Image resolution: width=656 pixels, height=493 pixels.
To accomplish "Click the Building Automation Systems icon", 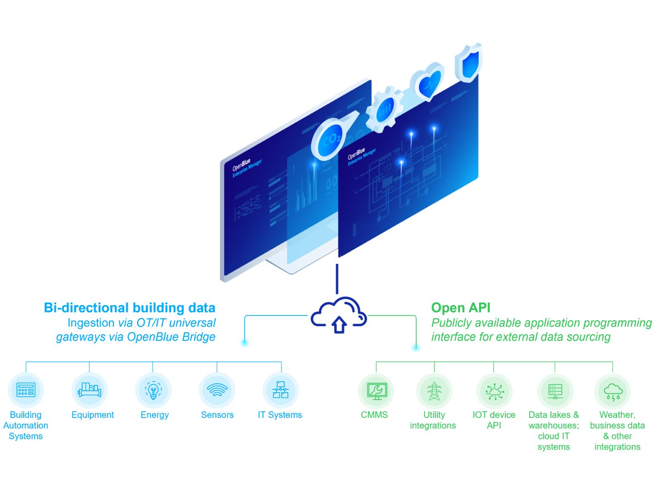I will (26, 390).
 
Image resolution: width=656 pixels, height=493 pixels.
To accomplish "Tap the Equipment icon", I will (89, 390).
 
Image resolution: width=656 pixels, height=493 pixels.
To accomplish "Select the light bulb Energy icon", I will (153, 390).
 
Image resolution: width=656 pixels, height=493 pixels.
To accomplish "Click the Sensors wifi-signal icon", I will (217, 390).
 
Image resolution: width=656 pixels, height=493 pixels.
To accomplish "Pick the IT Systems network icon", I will (280, 390).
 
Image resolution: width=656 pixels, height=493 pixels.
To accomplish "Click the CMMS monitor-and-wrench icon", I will (376, 391).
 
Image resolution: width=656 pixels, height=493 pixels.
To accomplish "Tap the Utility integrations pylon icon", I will (434, 391).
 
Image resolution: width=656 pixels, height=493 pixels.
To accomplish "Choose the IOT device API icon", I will (494, 391).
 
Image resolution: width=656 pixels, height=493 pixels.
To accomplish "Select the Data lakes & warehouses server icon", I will (555, 391).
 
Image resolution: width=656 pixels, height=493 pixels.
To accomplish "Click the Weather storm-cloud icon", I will (613, 391).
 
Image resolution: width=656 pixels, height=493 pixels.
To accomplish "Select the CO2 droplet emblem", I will (330, 139).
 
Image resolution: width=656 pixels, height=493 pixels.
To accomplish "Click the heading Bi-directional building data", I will (129, 308).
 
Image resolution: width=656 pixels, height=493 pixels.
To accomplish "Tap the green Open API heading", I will (461, 308).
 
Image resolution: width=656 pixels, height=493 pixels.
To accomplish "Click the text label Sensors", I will (217, 415).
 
